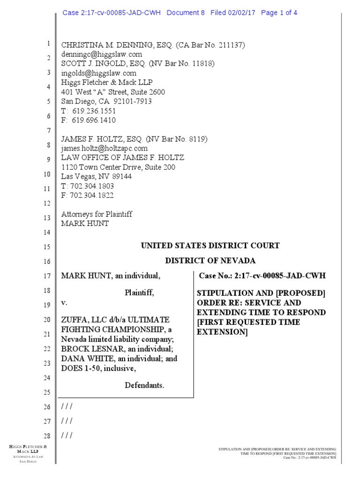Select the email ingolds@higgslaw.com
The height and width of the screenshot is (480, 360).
(99, 73)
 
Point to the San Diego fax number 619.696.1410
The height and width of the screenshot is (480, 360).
(94, 120)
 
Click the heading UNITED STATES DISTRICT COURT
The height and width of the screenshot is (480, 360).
(210, 246)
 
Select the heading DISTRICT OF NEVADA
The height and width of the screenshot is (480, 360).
(210, 261)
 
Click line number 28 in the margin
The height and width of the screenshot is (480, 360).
(46, 435)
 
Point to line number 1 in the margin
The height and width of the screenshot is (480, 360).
(48, 44)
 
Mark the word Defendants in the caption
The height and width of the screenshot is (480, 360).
(144, 385)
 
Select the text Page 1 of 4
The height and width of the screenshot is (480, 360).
(279, 13)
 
